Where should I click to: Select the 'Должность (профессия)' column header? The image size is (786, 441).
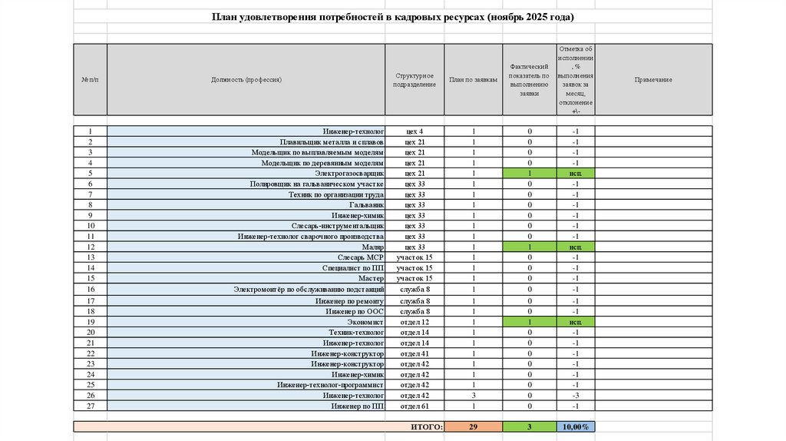coord(246,80)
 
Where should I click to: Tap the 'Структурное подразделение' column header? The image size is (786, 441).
coord(414,80)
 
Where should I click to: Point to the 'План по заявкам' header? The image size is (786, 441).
coord(473,80)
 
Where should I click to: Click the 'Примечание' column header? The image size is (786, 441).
coord(653,80)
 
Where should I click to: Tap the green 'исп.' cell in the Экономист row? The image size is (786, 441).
coord(575,322)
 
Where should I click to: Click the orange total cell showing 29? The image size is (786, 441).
coord(473,426)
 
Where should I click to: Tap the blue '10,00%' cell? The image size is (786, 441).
coord(575,426)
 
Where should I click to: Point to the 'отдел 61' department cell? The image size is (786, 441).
coord(414,405)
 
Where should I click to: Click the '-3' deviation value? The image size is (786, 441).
coord(575,395)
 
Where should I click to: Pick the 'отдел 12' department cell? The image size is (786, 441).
coord(414,322)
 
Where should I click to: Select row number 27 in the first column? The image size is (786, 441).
coord(91,405)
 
